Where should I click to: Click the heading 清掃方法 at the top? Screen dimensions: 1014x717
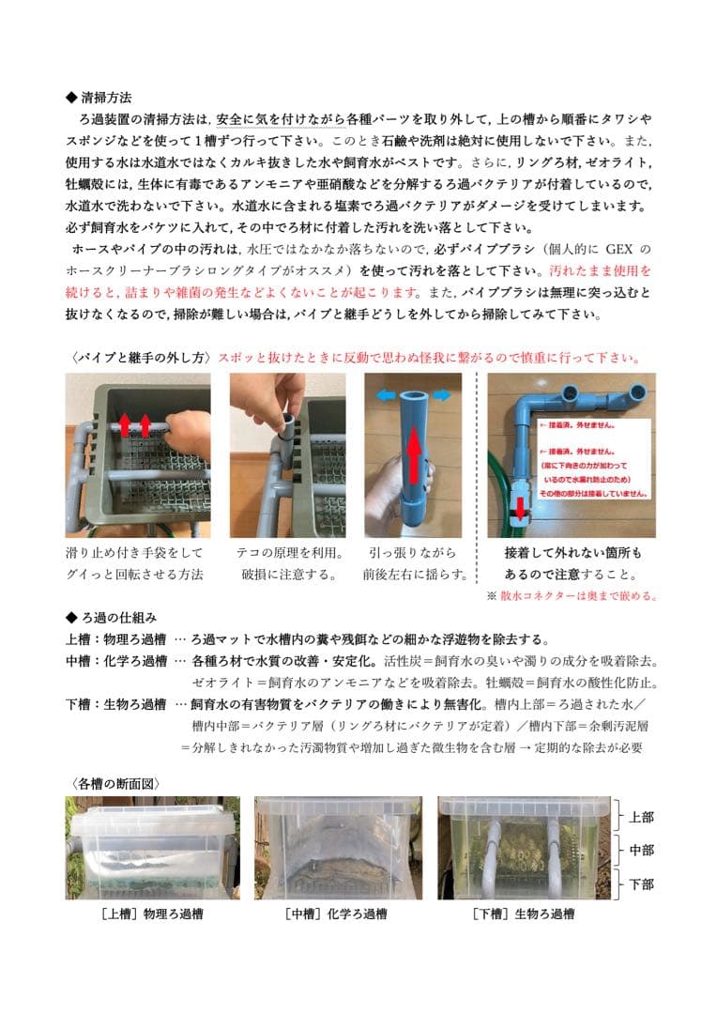coord(105,97)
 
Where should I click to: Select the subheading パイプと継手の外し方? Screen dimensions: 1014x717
coord(141,358)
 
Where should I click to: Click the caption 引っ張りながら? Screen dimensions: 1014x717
coord(411,553)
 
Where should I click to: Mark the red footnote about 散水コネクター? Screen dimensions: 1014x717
coord(572,594)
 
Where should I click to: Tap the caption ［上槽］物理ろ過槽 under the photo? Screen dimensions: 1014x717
coord(151,914)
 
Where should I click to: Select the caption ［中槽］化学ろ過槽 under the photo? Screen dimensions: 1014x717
coord(336,914)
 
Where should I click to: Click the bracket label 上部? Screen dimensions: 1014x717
coord(641,817)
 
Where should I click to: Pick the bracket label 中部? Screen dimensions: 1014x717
coord(641,851)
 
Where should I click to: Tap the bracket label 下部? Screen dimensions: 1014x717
coord(641,884)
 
